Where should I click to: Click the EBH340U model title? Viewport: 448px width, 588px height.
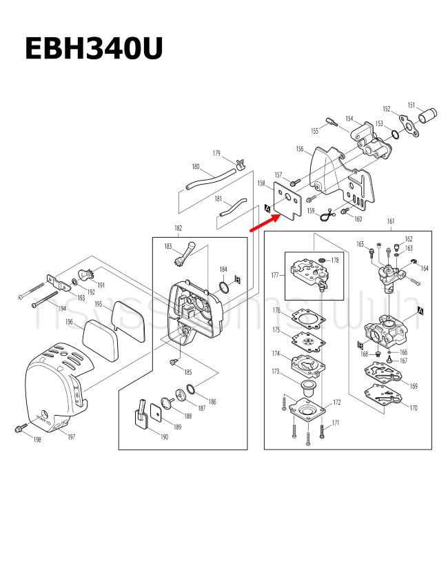[94, 50]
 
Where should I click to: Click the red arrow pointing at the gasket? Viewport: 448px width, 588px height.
[263, 223]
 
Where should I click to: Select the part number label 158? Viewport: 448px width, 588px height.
[261, 183]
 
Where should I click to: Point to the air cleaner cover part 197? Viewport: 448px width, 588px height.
[52, 389]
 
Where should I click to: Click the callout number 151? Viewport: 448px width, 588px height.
[411, 105]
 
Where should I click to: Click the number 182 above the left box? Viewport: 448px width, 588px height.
[179, 228]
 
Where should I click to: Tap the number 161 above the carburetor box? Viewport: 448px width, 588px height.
[391, 221]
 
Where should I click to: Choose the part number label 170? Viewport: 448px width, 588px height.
[414, 408]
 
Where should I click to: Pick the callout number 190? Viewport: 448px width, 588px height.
[164, 437]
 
